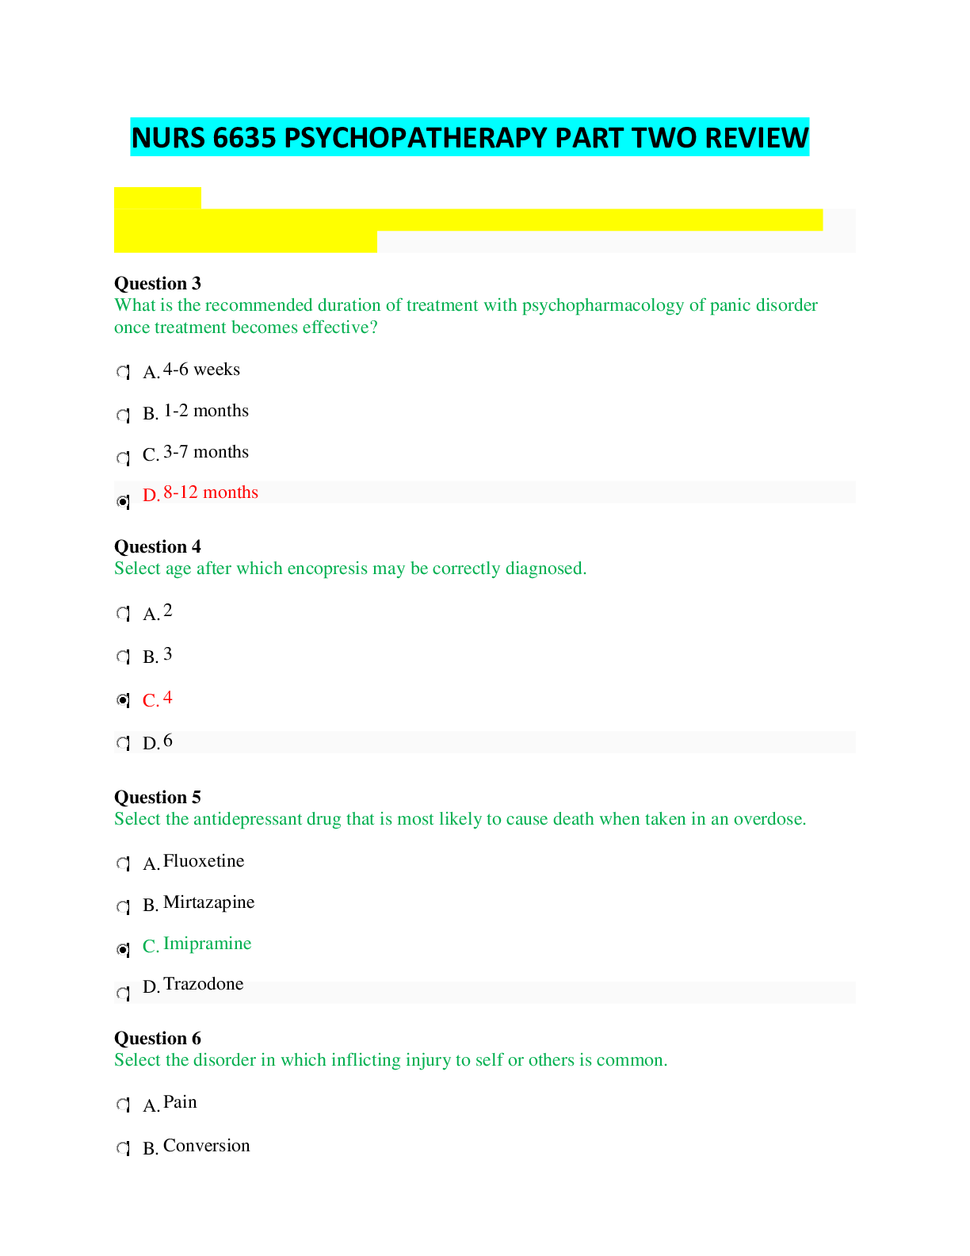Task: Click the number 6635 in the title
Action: [x=244, y=137]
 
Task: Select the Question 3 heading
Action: [x=158, y=283]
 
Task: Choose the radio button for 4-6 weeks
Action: [x=123, y=372]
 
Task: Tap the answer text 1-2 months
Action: [x=206, y=411]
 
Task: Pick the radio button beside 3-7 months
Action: [x=123, y=458]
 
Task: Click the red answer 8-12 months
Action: [x=211, y=492]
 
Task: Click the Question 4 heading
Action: [x=158, y=546]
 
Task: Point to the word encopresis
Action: [x=327, y=569]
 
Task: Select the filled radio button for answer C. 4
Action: [x=123, y=700]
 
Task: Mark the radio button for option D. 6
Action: [x=123, y=743]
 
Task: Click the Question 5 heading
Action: [x=158, y=797]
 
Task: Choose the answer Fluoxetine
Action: [x=204, y=860]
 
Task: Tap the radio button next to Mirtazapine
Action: [x=123, y=906]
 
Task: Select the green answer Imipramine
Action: [x=208, y=944]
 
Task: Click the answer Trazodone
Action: [x=204, y=984]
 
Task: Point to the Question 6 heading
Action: [x=158, y=1038]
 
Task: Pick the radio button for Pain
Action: [x=123, y=1105]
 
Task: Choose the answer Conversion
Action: [x=207, y=1146]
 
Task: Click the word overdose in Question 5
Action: [x=770, y=819]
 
